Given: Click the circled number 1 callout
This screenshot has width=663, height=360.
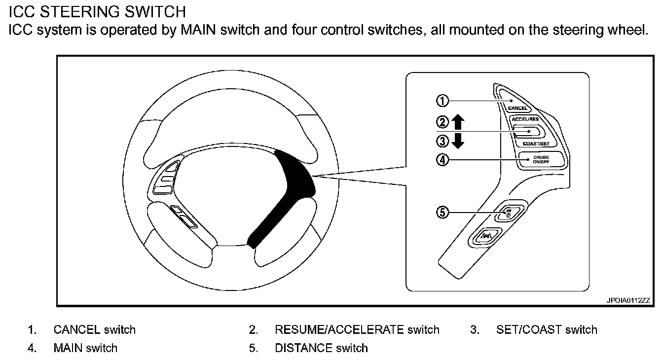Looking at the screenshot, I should [442, 101].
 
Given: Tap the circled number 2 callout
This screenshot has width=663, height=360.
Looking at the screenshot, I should [442, 122].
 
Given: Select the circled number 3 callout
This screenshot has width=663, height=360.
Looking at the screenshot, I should [442, 142].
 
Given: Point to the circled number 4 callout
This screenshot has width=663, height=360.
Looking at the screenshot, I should [442, 160].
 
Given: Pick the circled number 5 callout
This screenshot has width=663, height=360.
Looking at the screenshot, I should [442, 213].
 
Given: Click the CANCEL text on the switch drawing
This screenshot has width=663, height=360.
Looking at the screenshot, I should [517, 108].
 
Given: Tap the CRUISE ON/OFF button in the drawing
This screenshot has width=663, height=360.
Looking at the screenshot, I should [541, 159].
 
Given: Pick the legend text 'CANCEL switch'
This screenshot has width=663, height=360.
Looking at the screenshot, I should [94, 329].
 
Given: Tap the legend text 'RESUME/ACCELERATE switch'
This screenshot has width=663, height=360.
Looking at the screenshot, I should [357, 329].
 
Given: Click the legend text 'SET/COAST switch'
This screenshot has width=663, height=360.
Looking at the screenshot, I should [547, 329].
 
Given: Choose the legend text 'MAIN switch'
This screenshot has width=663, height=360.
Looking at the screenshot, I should [85, 348].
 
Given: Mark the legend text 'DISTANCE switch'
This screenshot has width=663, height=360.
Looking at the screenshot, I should [321, 348].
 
